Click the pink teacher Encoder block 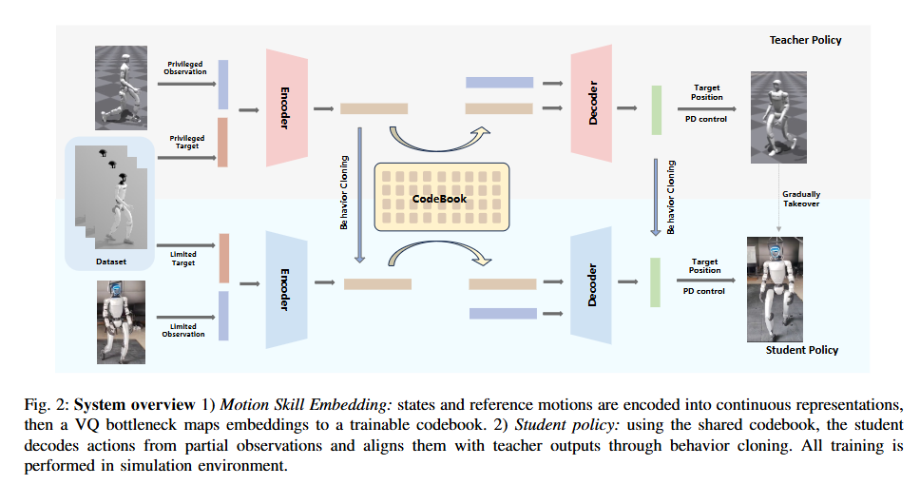(x=287, y=107)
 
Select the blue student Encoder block (x=287, y=289)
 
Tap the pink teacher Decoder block (x=591, y=103)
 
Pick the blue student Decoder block (x=591, y=284)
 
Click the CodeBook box (x=442, y=197)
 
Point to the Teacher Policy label (x=806, y=40)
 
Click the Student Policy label (x=802, y=350)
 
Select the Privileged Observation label (x=185, y=68)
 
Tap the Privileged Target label (x=187, y=142)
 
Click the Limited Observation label (x=183, y=330)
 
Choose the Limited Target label (x=183, y=259)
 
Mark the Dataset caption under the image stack (x=111, y=262)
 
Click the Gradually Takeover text (x=801, y=199)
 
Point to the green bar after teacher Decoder (x=657, y=109)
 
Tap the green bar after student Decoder (x=656, y=281)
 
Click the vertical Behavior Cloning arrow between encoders (x=359, y=195)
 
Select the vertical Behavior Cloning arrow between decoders (x=656, y=197)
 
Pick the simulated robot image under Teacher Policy (x=778, y=117)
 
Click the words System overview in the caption (x=134, y=404)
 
